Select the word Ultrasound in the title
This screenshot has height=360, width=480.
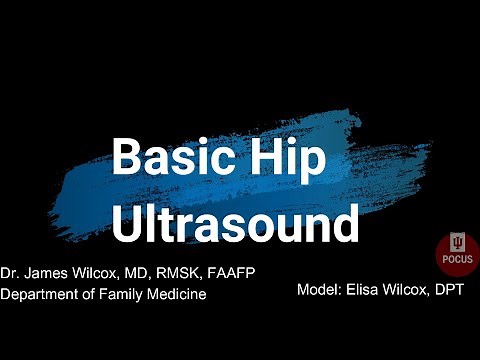tap(234, 225)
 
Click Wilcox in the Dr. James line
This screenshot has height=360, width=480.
tap(99, 274)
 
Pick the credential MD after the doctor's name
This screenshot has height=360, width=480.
tap(141, 274)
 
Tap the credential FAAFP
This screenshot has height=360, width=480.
tap(234, 274)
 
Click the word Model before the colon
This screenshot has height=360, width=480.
tap(318, 289)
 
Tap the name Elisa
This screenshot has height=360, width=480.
tap(365, 289)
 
